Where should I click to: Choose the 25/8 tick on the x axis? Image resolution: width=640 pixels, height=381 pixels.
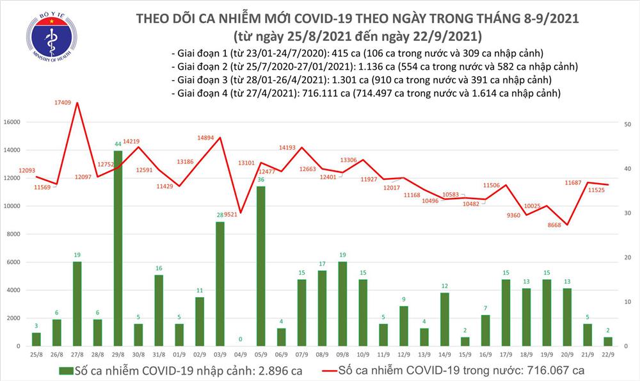(36, 354)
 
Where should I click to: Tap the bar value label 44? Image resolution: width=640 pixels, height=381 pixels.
(118, 144)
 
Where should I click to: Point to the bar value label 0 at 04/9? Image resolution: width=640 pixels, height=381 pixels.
(241, 339)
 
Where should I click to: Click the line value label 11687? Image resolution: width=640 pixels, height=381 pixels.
(573, 183)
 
